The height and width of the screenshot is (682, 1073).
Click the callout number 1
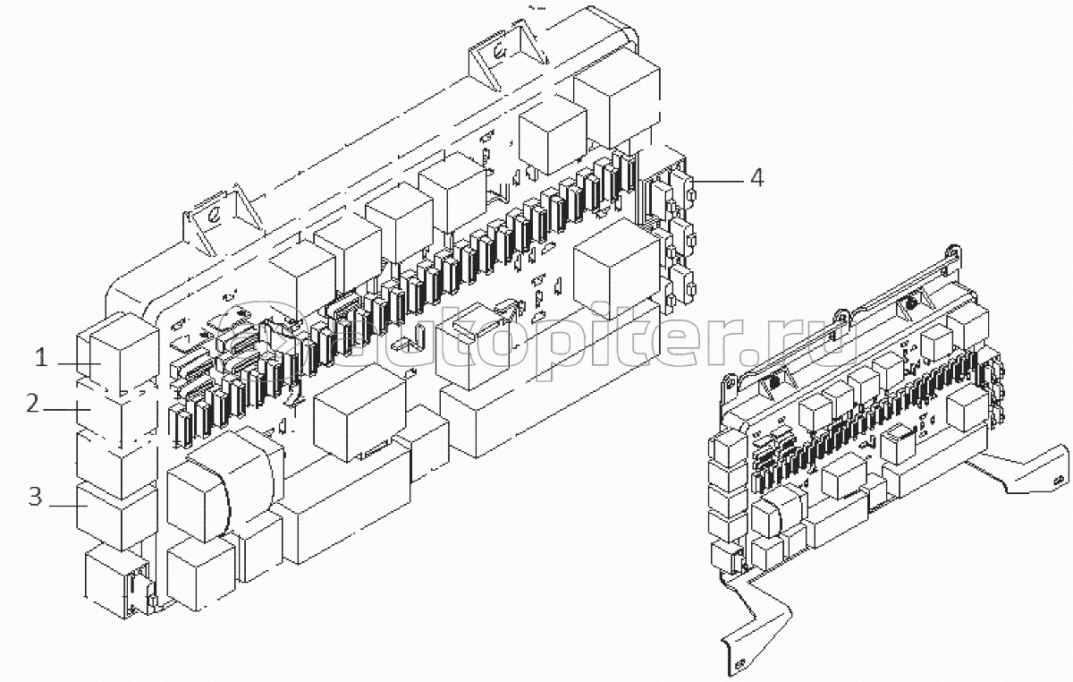click(40, 360)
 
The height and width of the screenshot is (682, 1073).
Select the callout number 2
click(33, 404)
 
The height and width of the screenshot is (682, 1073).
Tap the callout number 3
click(35, 498)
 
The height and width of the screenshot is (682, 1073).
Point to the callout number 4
click(756, 178)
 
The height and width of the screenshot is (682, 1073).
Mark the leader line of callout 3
click(66, 505)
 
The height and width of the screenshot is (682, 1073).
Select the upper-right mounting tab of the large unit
click(505, 59)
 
